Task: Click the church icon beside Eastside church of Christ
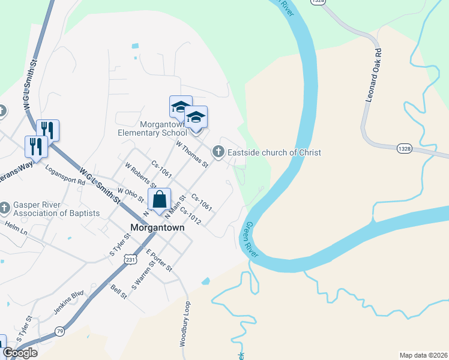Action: coord(218,152)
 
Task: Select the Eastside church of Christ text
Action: coord(274,152)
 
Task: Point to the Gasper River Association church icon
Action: coord(5,208)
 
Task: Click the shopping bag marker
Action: coord(160,200)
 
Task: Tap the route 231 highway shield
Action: coord(130,259)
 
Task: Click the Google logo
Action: coord(20,353)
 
